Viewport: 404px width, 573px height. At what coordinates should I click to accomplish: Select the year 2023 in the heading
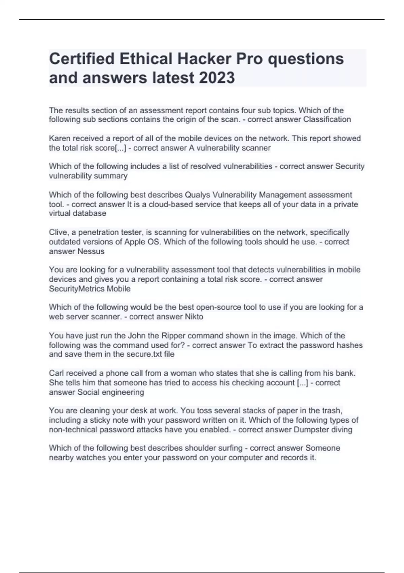pyautogui.click(x=217, y=78)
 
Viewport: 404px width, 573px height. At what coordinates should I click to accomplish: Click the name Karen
pyautogui.click(x=60, y=139)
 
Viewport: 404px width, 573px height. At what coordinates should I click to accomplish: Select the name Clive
pyautogui.click(x=58, y=232)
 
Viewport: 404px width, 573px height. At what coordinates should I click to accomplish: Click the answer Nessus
pyautogui.click(x=91, y=251)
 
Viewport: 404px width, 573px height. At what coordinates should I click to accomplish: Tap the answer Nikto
pyautogui.click(x=194, y=316)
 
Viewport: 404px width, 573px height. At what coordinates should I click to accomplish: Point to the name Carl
pyautogui.click(x=56, y=373)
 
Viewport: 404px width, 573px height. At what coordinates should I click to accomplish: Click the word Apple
pyautogui.click(x=135, y=242)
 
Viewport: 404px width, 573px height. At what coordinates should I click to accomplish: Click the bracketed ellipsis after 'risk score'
pyautogui.click(x=121, y=148)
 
